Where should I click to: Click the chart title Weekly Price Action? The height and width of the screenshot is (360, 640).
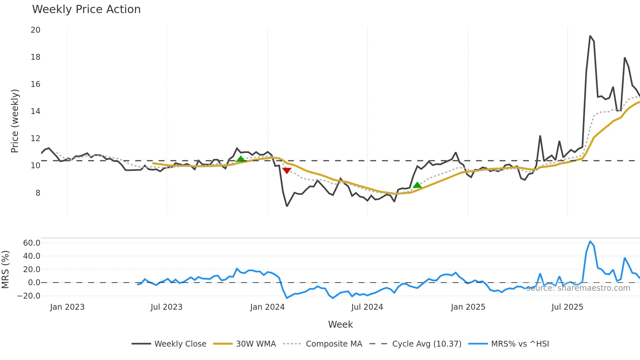point(86,9)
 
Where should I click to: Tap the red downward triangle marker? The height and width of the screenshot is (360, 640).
point(287,171)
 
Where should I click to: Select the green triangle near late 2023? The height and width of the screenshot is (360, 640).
point(240,159)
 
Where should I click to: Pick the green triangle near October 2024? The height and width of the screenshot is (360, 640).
point(417,185)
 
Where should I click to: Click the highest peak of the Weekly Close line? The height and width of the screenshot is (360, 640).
point(590,36)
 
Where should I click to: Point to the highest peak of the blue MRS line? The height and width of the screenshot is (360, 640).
point(590,241)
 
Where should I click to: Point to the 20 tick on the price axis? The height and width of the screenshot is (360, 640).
point(35,30)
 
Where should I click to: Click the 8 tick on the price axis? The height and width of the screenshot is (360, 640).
point(38,193)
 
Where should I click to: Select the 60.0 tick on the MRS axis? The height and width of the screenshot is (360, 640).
point(32,243)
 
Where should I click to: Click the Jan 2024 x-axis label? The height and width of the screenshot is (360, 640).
point(267,307)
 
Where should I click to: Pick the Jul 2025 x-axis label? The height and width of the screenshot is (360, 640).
point(567,307)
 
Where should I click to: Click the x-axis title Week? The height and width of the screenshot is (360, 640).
point(340,324)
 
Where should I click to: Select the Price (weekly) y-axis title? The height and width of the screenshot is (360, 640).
point(15,121)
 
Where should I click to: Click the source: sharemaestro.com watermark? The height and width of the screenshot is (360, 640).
point(578,288)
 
